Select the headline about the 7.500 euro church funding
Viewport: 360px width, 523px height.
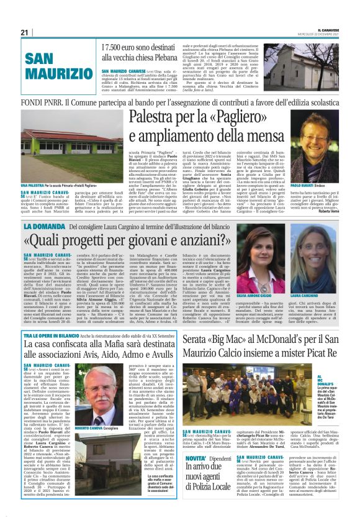point(144,54)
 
